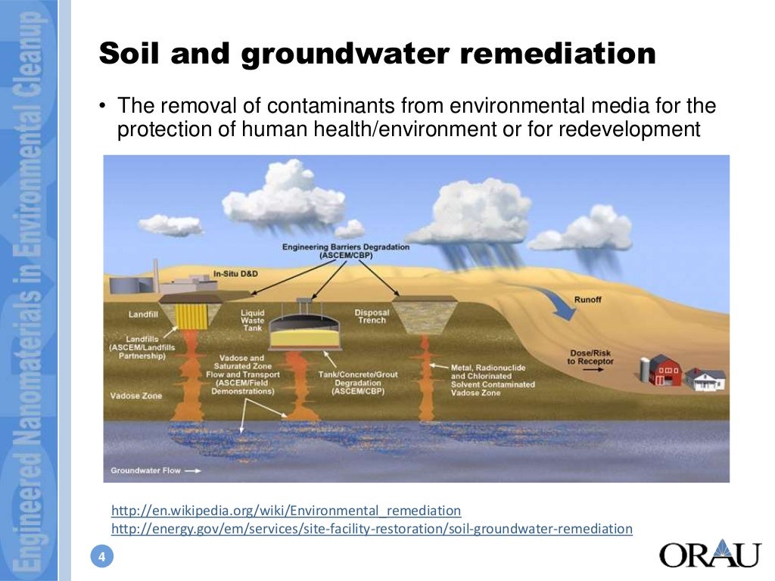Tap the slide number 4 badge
click(101, 558)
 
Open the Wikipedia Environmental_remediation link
click(285, 511)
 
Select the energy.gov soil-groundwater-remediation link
click(372, 529)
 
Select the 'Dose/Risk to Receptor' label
click(590, 357)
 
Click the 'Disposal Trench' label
click(371, 316)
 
